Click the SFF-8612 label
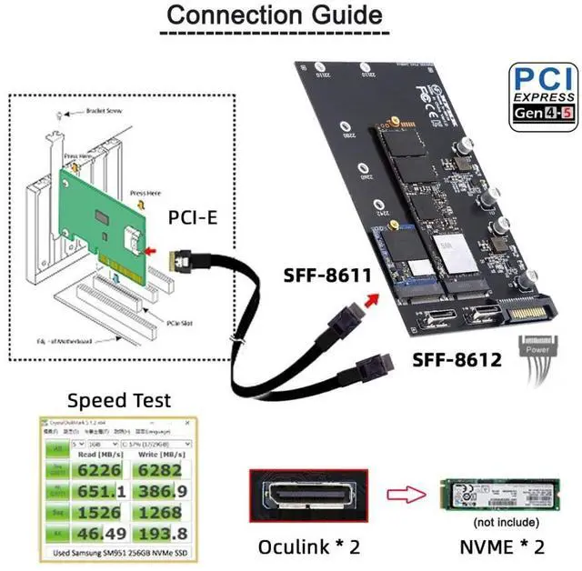pos(457,360)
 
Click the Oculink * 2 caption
pos(308,546)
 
